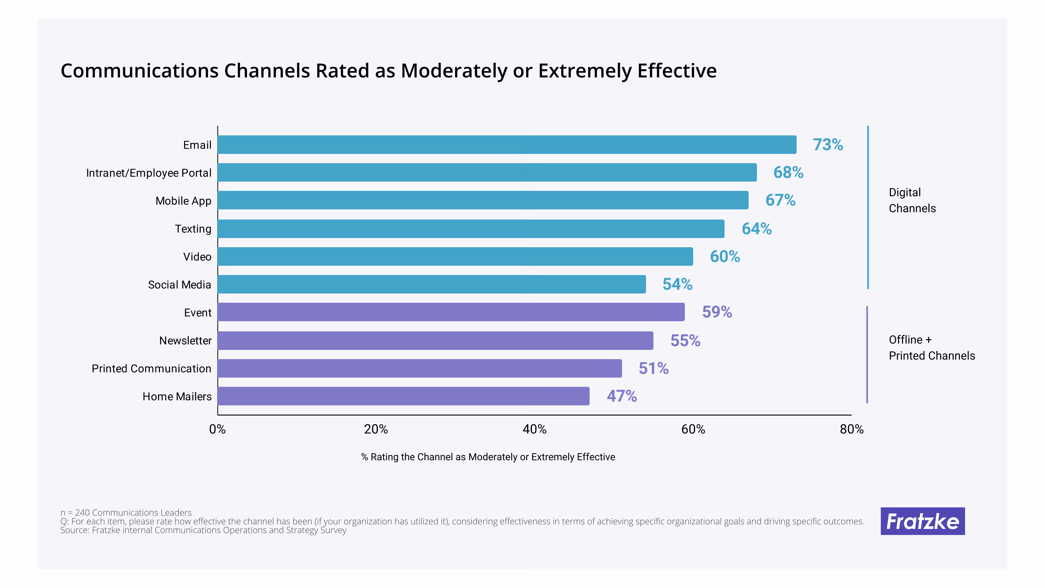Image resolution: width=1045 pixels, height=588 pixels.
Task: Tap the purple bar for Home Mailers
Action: coord(403,396)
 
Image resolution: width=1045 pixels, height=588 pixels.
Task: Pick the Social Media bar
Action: coord(431,284)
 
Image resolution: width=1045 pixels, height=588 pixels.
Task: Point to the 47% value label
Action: coord(621,396)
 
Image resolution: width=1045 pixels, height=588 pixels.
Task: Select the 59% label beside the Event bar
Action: coord(717,312)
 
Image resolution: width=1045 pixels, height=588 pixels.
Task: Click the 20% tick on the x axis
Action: coord(376,429)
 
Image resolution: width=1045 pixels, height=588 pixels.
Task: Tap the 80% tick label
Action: coord(851,429)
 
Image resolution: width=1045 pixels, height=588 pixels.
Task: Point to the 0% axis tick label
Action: coord(217,429)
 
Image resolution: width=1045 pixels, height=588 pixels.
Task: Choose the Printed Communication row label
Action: coord(151,369)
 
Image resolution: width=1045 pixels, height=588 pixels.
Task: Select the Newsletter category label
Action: coord(185,340)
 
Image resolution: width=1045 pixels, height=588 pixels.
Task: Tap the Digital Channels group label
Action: coord(912,200)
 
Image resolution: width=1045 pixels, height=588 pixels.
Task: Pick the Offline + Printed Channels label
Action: coord(931,347)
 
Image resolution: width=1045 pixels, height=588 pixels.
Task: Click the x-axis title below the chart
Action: coord(488,457)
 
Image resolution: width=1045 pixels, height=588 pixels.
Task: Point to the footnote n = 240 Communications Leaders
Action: coord(126,513)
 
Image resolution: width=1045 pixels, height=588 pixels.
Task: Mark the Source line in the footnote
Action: coord(203,530)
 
